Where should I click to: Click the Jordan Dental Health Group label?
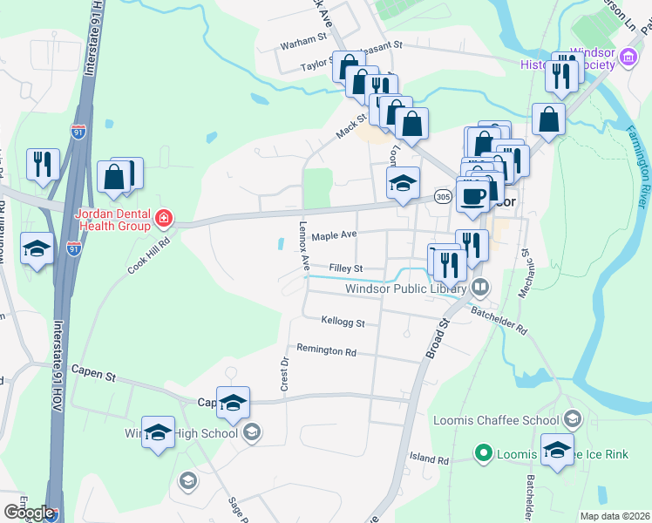[x=102, y=221]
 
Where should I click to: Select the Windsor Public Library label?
[x=407, y=288]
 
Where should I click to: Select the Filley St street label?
[x=345, y=268]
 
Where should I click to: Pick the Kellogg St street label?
[x=343, y=322]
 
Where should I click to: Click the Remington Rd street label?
[x=327, y=352]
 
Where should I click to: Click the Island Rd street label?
[x=429, y=459]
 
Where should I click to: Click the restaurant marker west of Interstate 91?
[x=42, y=164]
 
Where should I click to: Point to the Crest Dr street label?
[x=284, y=373]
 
